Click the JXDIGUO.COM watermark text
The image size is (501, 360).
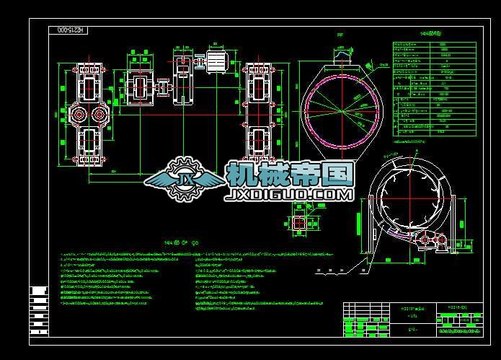[288, 195]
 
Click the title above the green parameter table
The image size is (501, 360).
[430, 34]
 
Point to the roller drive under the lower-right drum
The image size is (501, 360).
[429, 242]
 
